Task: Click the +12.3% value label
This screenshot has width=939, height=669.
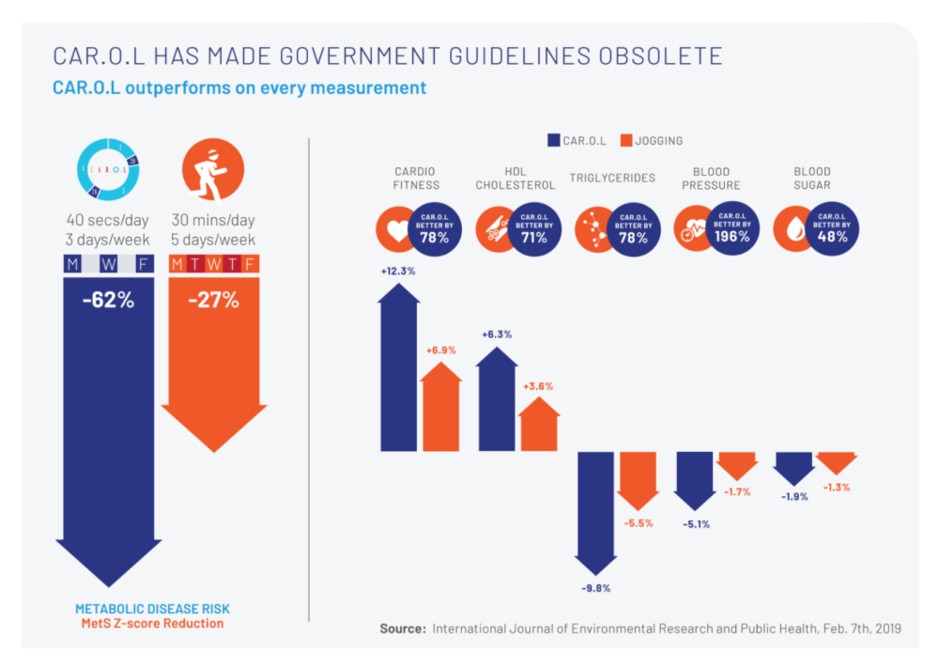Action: pyautogui.click(x=398, y=271)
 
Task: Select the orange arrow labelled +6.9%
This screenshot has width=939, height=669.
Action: pyautogui.click(x=440, y=407)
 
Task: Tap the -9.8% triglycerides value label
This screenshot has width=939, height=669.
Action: pyautogui.click(x=596, y=588)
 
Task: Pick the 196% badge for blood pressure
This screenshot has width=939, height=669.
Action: pyautogui.click(x=731, y=229)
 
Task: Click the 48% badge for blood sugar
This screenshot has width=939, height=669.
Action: pyautogui.click(x=829, y=229)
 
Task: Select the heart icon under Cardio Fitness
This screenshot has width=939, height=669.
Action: pyautogui.click(x=397, y=231)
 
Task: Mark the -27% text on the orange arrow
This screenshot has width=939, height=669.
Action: pyautogui.click(x=213, y=302)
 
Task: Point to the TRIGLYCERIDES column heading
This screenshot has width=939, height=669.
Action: pyautogui.click(x=612, y=178)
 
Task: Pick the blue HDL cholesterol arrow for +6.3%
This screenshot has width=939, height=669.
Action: pyautogui.click(x=497, y=399)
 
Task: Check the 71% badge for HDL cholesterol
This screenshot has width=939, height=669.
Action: pyautogui.click(x=535, y=229)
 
